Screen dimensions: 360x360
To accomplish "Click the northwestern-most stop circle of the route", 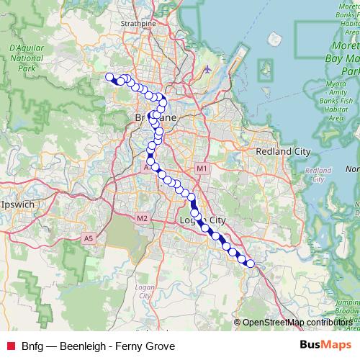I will [109, 77].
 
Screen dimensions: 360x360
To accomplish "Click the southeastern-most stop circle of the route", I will [251, 264].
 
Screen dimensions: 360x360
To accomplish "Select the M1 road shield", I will [202, 168].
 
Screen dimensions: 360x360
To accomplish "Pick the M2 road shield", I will [141, 218].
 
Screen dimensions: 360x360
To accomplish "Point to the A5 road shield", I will [89, 238].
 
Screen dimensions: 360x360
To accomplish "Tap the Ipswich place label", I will [19, 204].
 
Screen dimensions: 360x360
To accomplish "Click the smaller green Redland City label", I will [318, 175].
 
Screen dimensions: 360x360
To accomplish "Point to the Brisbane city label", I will [153, 117].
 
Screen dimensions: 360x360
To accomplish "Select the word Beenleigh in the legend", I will [85, 346].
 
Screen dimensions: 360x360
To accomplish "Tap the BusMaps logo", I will [325, 346].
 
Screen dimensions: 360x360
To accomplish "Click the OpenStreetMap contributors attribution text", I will [297, 323].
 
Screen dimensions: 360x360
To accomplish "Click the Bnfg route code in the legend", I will [32, 346].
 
